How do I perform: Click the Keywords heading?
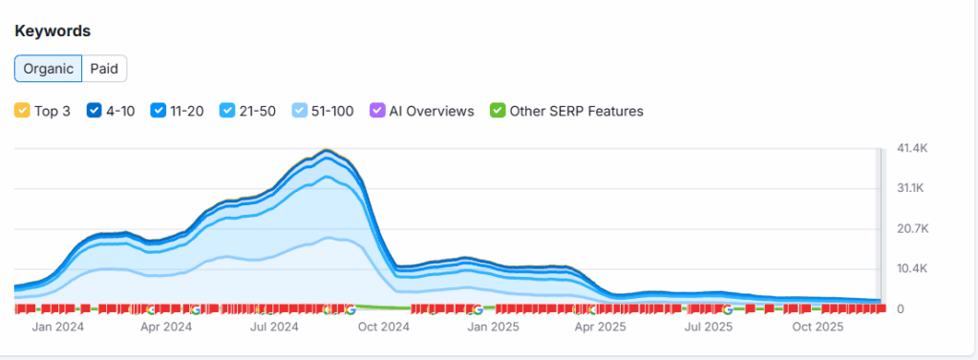[53, 31]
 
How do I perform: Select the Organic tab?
[48, 69]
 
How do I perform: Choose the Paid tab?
[104, 69]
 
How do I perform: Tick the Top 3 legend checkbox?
[22, 111]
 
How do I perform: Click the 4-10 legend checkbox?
[94, 111]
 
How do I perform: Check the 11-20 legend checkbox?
[158, 111]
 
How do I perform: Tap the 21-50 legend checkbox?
[227, 111]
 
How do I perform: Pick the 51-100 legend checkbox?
[300, 111]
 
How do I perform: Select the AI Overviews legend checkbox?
[377, 111]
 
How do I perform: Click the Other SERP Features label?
[576, 111]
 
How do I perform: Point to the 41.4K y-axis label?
[912, 148]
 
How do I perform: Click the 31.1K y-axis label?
[912, 188]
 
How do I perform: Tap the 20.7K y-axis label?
[912, 228]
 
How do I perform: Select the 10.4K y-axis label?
[912, 268]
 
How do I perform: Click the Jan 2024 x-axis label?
[57, 327]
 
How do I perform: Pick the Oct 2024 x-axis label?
[382, 327]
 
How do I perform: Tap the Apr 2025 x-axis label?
[598, 327]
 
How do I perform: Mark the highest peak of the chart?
[328, 150]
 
